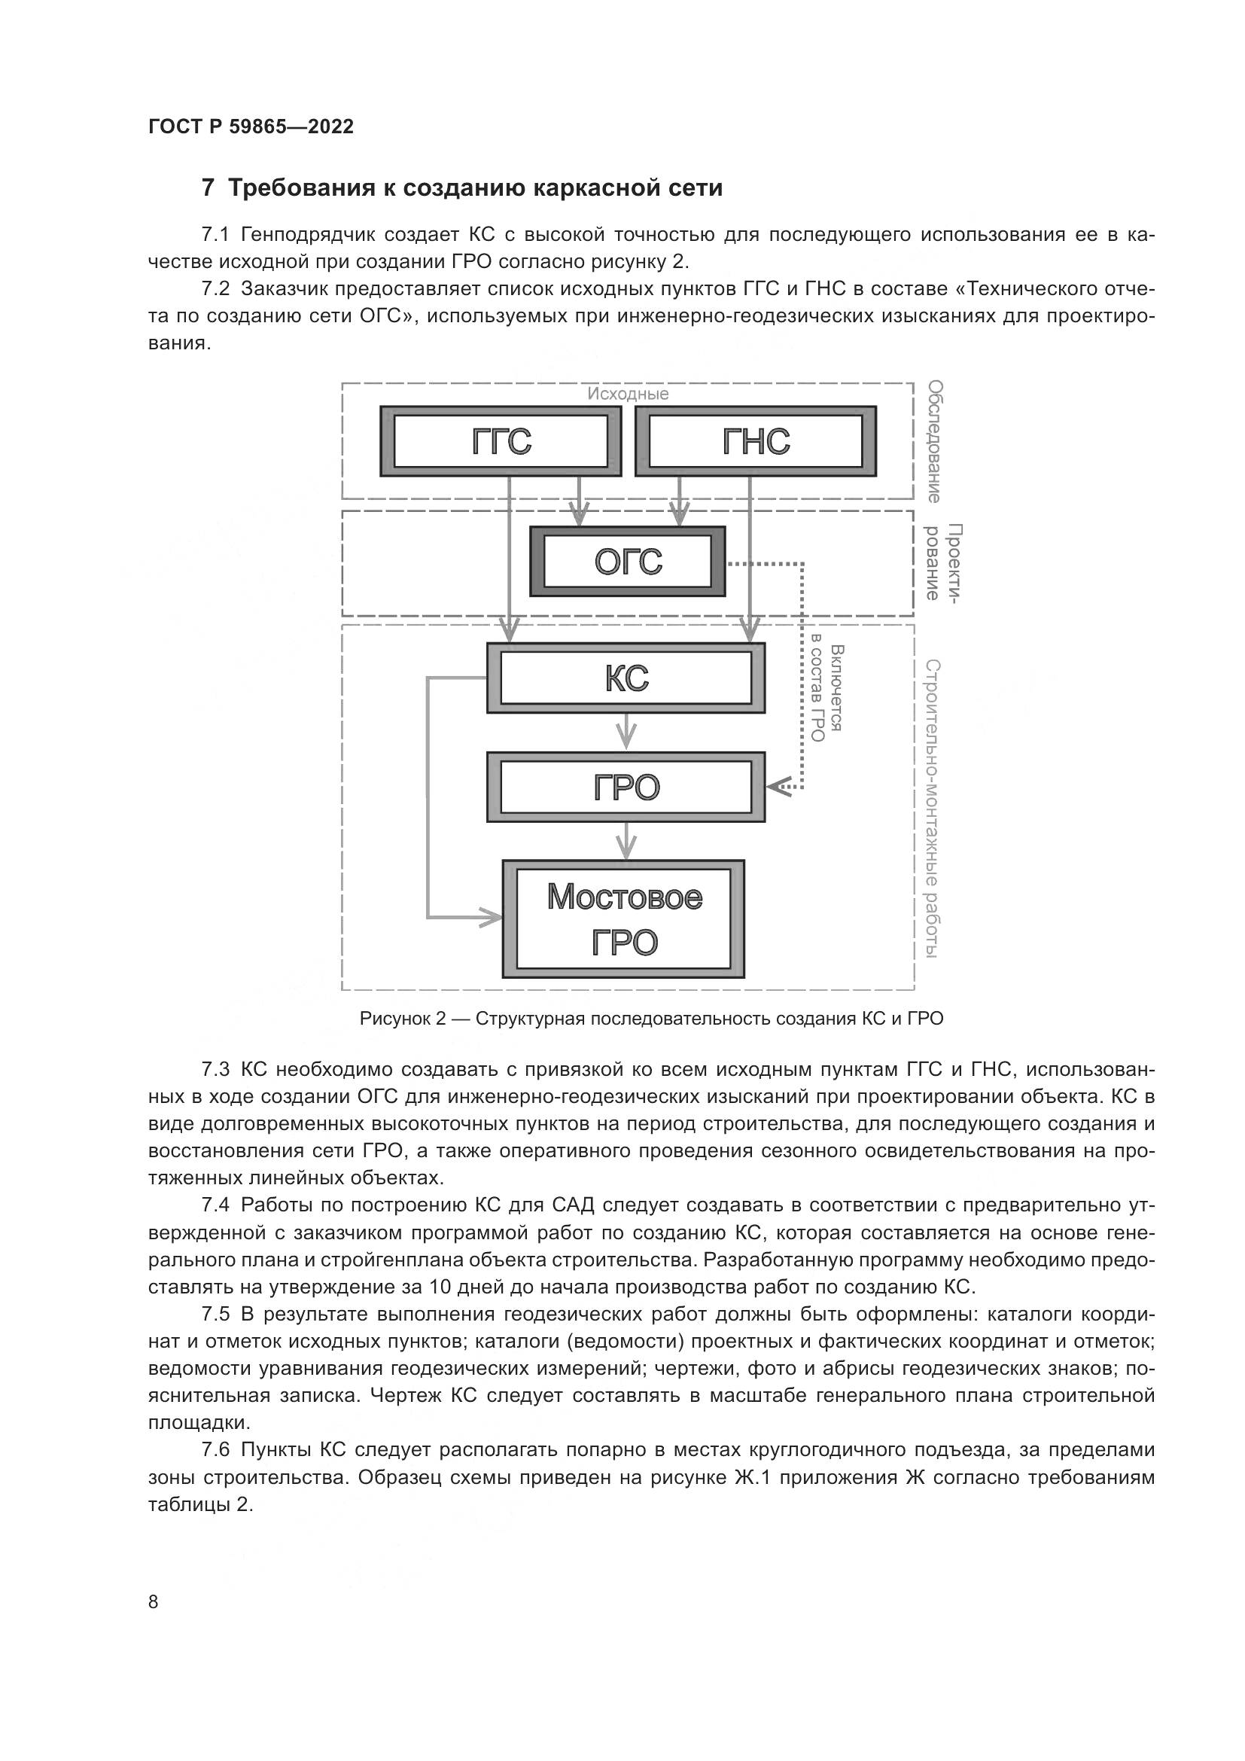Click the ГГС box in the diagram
point(501,442)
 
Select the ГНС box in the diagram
point(756,442)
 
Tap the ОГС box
point(628,562)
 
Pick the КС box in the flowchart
point(626,678)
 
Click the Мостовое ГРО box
point(624,919)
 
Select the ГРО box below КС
point(626,787)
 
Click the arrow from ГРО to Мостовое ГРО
point(627,841)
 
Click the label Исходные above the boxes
point(628,395)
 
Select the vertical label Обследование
point(933,442)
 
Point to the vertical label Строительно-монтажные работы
point(932,809)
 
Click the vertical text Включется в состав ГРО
point(826,693)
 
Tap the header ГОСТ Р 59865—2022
point(251,126)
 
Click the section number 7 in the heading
point(208,188)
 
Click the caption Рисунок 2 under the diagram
point(651,1019)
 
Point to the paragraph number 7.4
point(215,1205)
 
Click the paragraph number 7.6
point(215,1449)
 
